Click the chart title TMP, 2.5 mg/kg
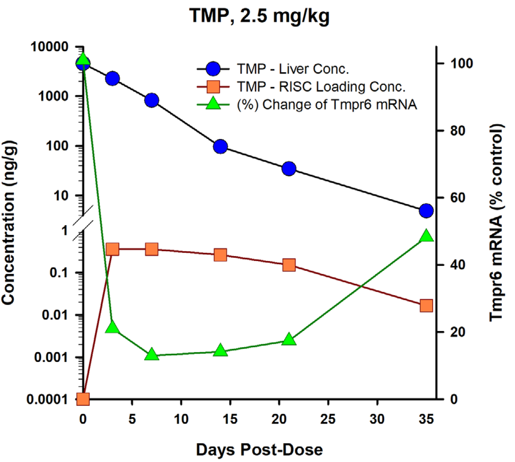coord(259,16)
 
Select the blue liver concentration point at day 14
coord(220,146)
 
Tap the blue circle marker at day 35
coord(426,211)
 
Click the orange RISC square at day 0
coord(83,399)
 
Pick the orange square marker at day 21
coord(289,265)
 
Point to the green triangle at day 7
coord(152,355)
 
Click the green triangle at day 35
coord(426,236)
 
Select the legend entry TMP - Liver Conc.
coord(293,69)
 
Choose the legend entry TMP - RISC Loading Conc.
coord(321,87)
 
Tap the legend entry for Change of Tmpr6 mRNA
coord(326,104)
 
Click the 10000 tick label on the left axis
coord(50,47)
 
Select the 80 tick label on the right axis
coord(457,131)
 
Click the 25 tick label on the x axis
coord(328,419)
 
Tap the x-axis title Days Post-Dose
coord(259,450)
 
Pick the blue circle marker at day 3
coord(112,79)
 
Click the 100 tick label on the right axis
coord(462,63)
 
